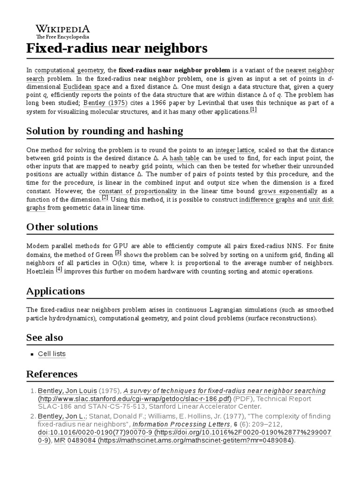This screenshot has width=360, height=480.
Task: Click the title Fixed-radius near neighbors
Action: (x=117, y=48)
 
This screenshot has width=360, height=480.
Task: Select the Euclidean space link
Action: (x=86, y=87)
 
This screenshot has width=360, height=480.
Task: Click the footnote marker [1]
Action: (x=254, y=110)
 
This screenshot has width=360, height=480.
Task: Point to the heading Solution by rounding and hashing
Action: (x=105, y=131)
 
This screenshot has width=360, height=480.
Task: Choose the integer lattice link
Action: (x=235, y=150)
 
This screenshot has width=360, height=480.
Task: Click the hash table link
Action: (x=184, y=158)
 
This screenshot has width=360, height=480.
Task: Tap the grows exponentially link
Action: (x=288, y=191)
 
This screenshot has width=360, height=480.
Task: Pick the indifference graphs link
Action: (x=267, y=200)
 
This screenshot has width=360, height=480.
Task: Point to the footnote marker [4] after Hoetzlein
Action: (x=59, y=270)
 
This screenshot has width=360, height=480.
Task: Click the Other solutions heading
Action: (x=62, y=227)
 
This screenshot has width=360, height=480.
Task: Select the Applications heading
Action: (x=55, y=291)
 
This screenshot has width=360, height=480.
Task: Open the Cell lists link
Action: (x=52, y=354)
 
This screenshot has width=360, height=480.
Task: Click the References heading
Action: (x=52, y=374)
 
